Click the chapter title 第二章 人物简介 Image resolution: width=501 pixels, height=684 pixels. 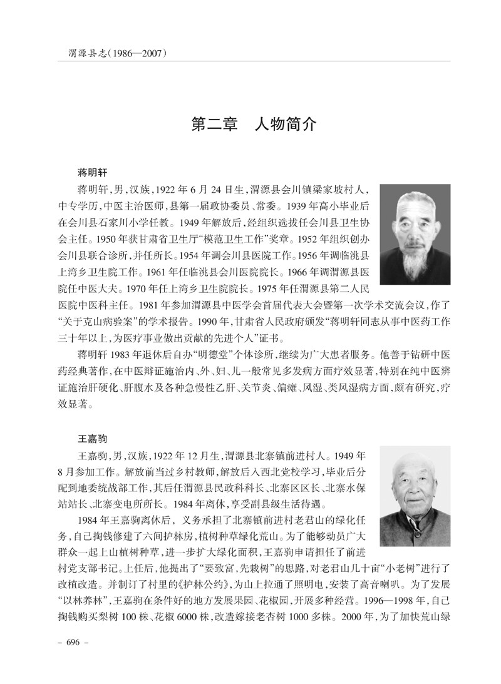tap(254, 123)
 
